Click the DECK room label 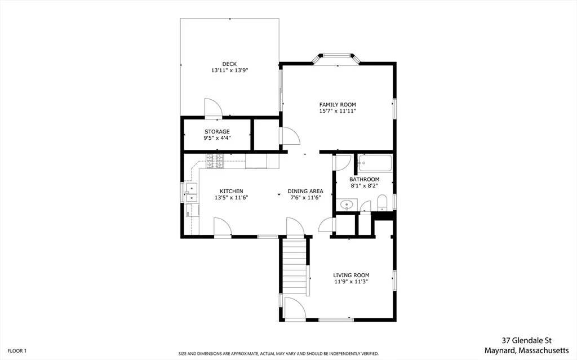(229, 64)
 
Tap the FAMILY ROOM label (338, 105)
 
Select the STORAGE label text (217, 131)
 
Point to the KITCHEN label (232, 191)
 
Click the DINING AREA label (305, 191)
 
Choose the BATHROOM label (365, 179)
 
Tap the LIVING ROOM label (351, 275)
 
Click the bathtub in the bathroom (375, 163)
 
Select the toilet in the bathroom (383, 203)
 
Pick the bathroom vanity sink (347, 205)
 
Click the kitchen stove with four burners (215, 161)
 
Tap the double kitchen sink (192, 193)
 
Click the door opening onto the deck (214, 109)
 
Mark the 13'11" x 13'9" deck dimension (229, 70)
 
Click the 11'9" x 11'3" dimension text (351, 282)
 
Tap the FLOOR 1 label (17, 351)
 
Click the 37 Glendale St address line (527, 340)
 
